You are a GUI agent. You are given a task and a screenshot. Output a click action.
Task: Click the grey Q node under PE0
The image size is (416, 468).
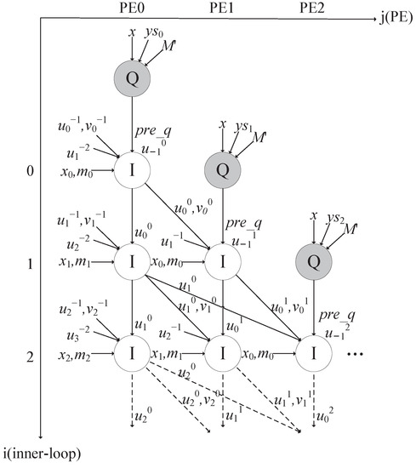pyautogui.click(x=134, y=79)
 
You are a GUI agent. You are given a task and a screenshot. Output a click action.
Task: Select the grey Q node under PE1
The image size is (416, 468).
pyautogui.click(x=223, y=169)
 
